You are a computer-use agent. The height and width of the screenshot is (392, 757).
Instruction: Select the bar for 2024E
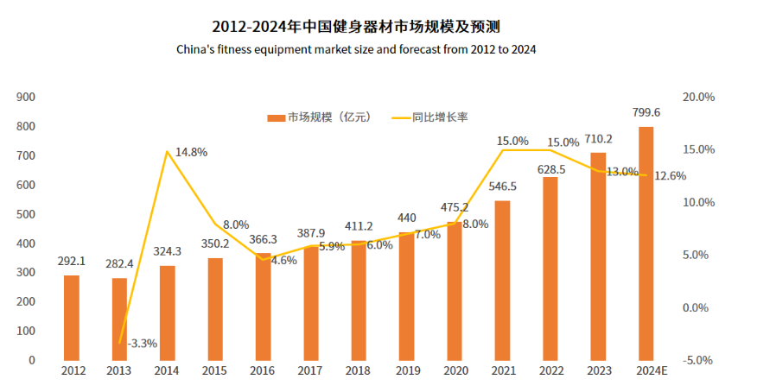pos(646,243)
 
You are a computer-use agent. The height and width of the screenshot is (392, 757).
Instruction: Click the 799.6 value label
pos(646,112)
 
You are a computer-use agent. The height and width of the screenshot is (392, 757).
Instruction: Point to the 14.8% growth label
pos(191,152)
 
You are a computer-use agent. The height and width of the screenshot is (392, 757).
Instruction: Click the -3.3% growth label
pos(142,343)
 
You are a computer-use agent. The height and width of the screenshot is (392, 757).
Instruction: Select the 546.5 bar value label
pos(503,186)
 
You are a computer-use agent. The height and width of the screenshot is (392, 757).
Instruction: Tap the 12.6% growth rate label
pos(670,175)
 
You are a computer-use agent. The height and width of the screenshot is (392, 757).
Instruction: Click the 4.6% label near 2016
pos(284,259)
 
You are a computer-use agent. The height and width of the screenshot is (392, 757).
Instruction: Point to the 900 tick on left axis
pos(26,97)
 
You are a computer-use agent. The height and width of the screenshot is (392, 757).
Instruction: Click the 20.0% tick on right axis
pos(698,97)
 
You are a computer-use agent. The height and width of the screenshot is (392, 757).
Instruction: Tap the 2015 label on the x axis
pos(215,371)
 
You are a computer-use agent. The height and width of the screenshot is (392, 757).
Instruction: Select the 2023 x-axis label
pos(598,371)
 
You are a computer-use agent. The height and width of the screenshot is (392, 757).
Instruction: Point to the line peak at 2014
pos(167,151)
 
